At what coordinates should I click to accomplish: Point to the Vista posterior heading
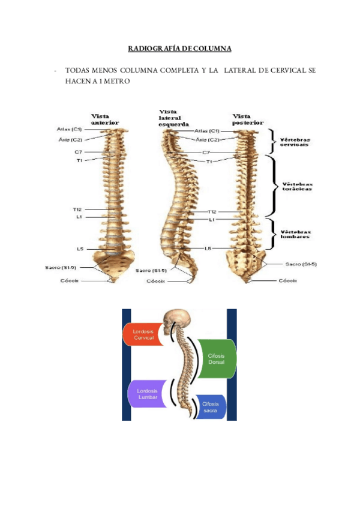pos(248,119)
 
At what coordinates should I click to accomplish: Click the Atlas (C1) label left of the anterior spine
pos(70,129)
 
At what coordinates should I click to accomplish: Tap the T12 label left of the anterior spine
pos(77,209)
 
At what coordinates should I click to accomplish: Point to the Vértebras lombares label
pos(296,233)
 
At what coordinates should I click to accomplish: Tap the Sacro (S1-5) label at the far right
pos(301,264)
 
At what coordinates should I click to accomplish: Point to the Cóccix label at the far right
pos(287,280)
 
